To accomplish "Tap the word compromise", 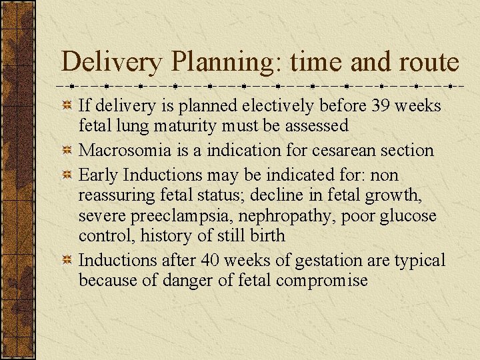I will (x=323, y=281).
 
